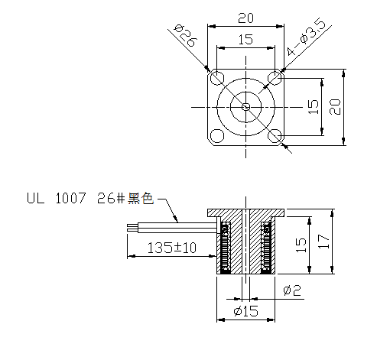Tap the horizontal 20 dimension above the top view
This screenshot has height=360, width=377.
click(245, 18)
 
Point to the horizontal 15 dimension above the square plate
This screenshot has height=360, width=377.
click(245, 40)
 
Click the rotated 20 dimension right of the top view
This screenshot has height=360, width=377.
click(333, 107)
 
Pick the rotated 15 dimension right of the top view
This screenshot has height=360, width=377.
click(312, 107)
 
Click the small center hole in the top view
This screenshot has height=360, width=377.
click(245, 107)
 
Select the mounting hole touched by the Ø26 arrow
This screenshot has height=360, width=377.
click(217, 78)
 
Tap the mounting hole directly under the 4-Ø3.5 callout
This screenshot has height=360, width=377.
click(275, 78)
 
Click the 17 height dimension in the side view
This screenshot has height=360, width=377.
click(325, 243)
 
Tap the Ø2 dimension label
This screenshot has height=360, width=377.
click(291, 290)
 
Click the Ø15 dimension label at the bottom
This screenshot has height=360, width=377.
click(245, 312)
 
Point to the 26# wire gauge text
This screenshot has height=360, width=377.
click(107, 199)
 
